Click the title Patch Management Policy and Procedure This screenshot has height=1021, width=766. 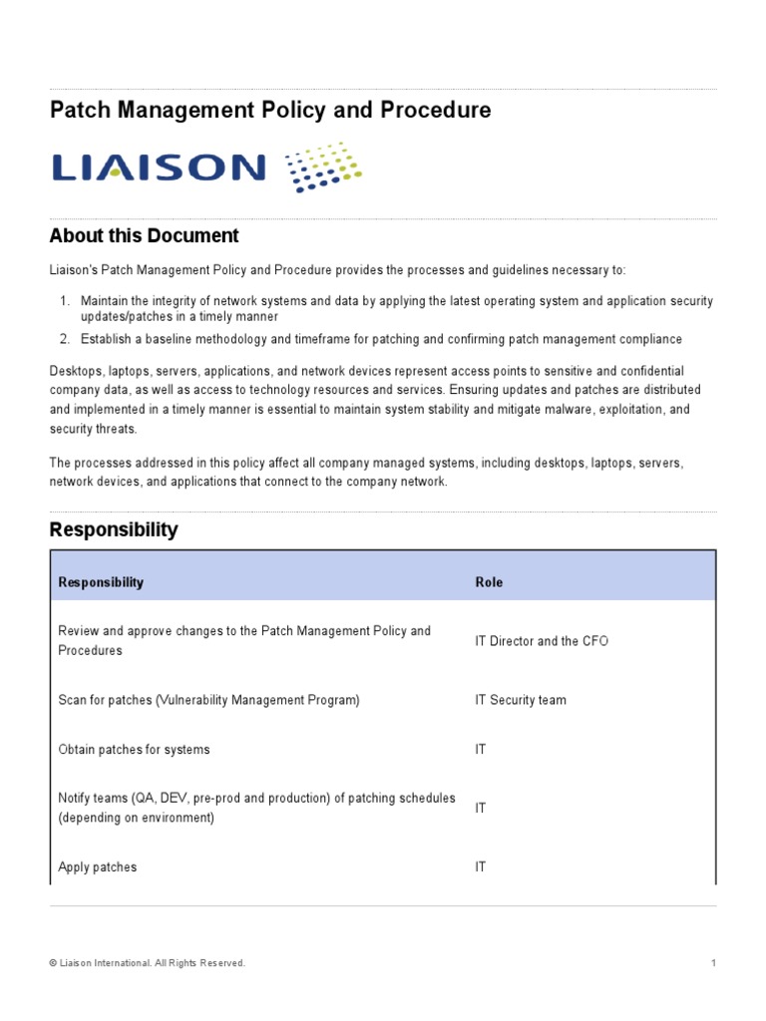270,111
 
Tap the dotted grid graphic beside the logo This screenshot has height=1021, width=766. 323,167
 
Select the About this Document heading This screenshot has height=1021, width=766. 145,236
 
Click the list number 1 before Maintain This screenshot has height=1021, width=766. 64,301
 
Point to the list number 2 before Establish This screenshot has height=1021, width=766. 64,340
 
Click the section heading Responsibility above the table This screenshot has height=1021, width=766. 114,530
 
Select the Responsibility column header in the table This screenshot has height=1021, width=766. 101,582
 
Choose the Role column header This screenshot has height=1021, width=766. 489,582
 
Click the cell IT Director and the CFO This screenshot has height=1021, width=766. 542,641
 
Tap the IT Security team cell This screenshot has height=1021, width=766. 521,700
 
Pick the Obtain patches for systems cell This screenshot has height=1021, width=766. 134,749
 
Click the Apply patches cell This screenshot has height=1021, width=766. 98,867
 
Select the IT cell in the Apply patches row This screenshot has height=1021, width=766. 481,867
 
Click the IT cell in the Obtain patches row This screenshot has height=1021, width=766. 481,749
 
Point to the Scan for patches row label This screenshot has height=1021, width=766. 208,700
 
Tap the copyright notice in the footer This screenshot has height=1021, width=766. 147,963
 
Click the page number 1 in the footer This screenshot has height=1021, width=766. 714,963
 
